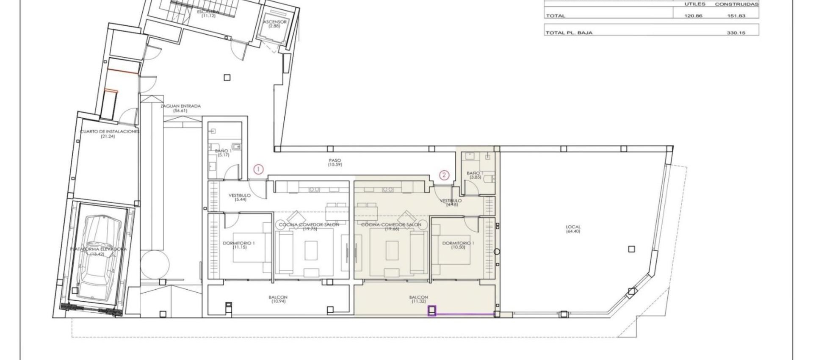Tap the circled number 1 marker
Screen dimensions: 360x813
258,170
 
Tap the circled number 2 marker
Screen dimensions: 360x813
444,174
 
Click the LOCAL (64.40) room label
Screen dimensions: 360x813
573,229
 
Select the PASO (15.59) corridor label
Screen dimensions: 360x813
335,163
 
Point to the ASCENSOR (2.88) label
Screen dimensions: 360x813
274,24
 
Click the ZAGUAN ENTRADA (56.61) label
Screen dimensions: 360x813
180,108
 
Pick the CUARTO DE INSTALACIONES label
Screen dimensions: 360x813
109,134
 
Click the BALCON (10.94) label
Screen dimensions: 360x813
278,299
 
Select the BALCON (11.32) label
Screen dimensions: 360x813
418,299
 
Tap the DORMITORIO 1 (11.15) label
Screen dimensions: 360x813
239,245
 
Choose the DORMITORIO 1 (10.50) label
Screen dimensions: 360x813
458,245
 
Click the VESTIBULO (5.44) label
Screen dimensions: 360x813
240,197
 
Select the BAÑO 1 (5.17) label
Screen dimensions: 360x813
223,153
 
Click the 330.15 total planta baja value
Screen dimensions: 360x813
736,33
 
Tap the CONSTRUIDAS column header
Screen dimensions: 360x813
736,4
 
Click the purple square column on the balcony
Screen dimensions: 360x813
432,311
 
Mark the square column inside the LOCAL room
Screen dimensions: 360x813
631,249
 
